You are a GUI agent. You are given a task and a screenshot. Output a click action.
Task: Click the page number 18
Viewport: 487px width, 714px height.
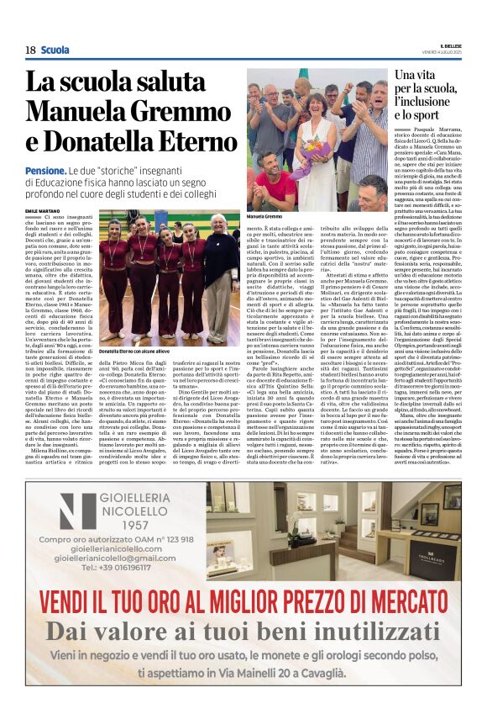29,50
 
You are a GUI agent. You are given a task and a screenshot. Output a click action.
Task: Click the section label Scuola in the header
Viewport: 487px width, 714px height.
55,50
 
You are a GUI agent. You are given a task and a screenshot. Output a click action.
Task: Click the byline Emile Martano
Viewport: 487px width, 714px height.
43,210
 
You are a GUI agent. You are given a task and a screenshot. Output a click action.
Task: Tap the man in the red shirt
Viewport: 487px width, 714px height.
274,177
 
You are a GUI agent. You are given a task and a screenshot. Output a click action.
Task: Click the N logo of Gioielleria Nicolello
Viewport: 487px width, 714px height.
77,510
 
